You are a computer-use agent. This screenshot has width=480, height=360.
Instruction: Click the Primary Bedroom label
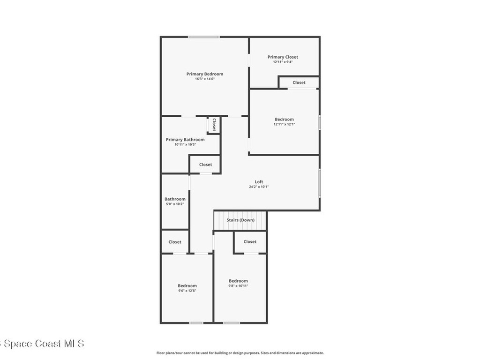click(204, 74)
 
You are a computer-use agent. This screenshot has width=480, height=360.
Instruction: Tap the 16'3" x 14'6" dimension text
click(204, 79)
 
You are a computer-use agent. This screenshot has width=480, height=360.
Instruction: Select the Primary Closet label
click(283, 57)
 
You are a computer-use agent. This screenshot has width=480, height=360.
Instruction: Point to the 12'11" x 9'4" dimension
click(283, 62)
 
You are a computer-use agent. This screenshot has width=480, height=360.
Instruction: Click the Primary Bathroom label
click(185, 140)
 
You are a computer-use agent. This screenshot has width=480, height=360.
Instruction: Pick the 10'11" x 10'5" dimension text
click(185, 144)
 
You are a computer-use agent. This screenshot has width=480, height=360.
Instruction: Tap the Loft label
click(259, 182)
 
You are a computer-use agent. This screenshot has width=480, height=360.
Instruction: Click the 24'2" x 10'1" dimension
click(259, 187)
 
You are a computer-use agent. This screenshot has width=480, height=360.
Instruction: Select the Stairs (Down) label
click(240, 220)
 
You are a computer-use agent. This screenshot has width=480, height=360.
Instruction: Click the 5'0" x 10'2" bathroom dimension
click(175, 204)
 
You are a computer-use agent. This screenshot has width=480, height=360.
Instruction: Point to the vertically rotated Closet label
click(214, 125)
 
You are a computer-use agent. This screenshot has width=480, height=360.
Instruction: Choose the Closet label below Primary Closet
click(299, 82)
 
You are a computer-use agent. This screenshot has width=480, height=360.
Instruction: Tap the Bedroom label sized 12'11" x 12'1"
click(284, 120)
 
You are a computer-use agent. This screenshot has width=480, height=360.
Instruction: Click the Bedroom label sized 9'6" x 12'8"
click(187, 286)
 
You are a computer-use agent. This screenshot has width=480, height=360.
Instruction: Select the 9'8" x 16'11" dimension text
click(238, 286)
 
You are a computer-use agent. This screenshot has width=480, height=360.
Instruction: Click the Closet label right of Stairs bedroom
click(250, 242)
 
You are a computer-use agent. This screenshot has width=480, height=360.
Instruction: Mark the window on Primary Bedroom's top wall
click(203, 37)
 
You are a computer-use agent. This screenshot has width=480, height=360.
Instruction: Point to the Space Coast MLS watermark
click(42, 344)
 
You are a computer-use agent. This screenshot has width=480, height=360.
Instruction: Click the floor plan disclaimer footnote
click(240, 353)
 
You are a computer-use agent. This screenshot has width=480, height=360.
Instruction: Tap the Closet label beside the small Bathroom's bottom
click(175, 242)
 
